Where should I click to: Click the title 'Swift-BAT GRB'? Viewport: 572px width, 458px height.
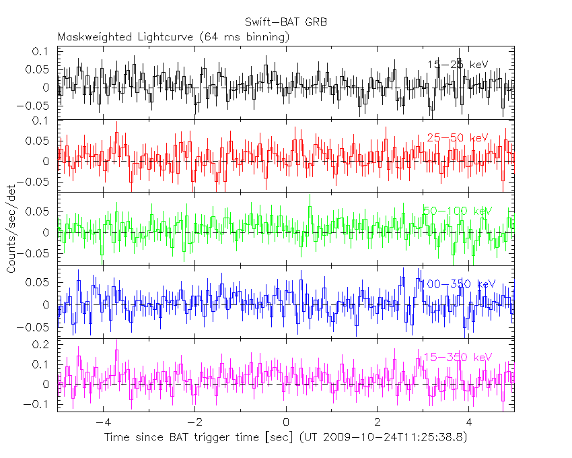pos(286,22)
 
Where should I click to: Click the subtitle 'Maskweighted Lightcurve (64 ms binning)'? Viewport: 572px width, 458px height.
pos(174,37)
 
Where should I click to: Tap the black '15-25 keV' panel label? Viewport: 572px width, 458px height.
pos(457,65)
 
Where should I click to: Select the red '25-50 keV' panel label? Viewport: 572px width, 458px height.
pos(457,137)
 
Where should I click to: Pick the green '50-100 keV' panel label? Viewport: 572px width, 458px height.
pos(457,211)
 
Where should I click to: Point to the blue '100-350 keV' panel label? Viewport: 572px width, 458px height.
pos(457,284)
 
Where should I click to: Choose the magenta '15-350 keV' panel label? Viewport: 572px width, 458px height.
pos(457,357)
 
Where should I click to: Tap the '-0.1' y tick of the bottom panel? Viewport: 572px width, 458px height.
pos(39,405)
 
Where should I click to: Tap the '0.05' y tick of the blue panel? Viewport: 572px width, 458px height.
pos(39,282)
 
